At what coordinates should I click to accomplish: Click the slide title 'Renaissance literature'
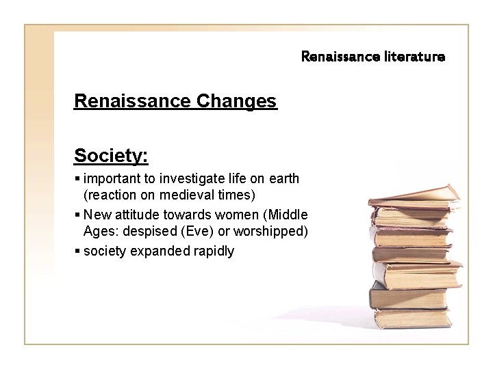372,57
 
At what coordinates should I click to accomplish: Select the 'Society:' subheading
111,156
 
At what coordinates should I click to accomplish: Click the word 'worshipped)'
267,232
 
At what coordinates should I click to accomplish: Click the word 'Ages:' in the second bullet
100,232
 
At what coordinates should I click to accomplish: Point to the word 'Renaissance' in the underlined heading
132,102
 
